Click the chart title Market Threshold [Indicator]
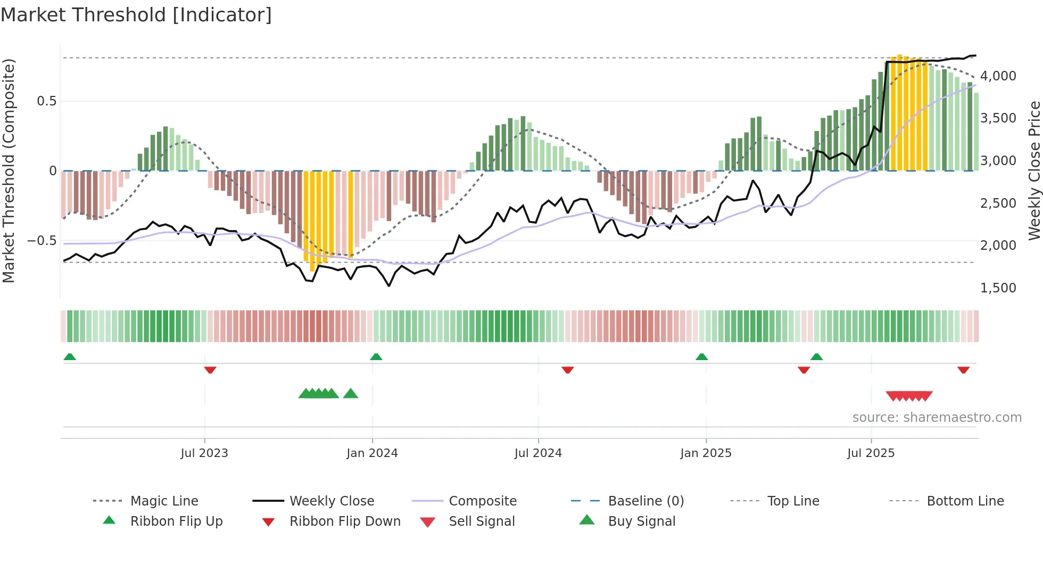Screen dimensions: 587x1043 (136, 15)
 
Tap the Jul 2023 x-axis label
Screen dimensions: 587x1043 (204, 453)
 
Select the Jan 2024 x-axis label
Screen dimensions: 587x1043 (372, 453)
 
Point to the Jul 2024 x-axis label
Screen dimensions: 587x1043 (538, 453)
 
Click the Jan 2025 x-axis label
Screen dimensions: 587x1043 (706, 453)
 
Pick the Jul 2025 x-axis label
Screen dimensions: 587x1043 (871, 453)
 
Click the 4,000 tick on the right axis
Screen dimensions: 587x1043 (998, 76)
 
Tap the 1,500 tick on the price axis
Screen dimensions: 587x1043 (998, 288)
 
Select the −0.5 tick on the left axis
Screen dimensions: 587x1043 (42, 241)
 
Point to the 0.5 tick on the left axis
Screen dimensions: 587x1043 (46, 101)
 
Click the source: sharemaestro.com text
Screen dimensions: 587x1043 (937, 418)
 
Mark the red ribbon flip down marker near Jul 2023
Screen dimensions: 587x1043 (210, 370)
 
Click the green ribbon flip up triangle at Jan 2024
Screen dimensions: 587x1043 (376, 357)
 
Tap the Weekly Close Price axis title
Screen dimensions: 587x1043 (1034, 170)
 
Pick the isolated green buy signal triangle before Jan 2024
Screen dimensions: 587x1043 (351, 394)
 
